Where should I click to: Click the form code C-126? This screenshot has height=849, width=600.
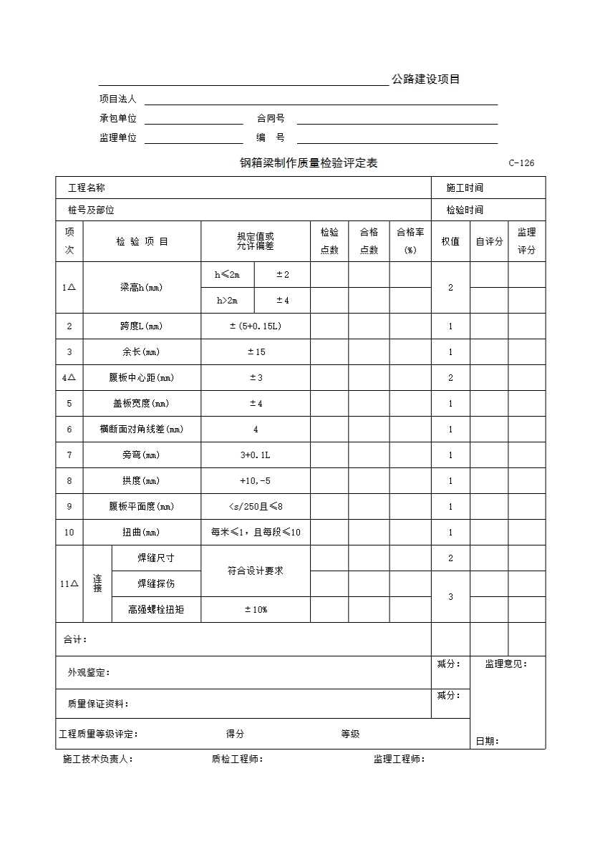click(x=521, y=163)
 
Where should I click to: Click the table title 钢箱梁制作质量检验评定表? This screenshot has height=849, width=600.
click(x=309, y=163)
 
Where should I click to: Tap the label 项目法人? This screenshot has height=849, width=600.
click(x=117, y=100)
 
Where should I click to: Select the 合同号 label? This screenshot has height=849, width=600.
click(x=271, y=119)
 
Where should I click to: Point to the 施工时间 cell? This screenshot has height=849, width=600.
click(x=465, y=188)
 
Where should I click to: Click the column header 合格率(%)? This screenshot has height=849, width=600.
click(x=410, y=241)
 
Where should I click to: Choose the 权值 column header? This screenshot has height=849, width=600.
click(x=450, y=241)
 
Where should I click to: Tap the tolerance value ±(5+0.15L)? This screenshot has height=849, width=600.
click(x=256, y=326)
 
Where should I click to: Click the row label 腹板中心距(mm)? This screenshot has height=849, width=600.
click(x=141, y=378)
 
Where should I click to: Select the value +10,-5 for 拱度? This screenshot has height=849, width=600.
click(x=256, y=481)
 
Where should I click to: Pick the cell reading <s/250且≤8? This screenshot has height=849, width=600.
click(x=256, y=507)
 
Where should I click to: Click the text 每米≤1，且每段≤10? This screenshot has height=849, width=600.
click(x=256, y=533)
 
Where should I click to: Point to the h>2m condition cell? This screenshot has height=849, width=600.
click(x=228, y=301)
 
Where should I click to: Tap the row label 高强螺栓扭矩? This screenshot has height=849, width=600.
click(x=156, y=610)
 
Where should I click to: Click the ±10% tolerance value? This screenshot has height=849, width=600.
click(x=256, y=610)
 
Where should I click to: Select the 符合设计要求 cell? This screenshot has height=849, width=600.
click(x=256, y=571)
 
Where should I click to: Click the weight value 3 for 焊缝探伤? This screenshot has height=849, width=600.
click(x=450, y=597)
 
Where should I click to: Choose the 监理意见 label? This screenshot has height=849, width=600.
click(x=505, y=664)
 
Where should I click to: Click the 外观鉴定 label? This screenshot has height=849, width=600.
click(x=89, y=673)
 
